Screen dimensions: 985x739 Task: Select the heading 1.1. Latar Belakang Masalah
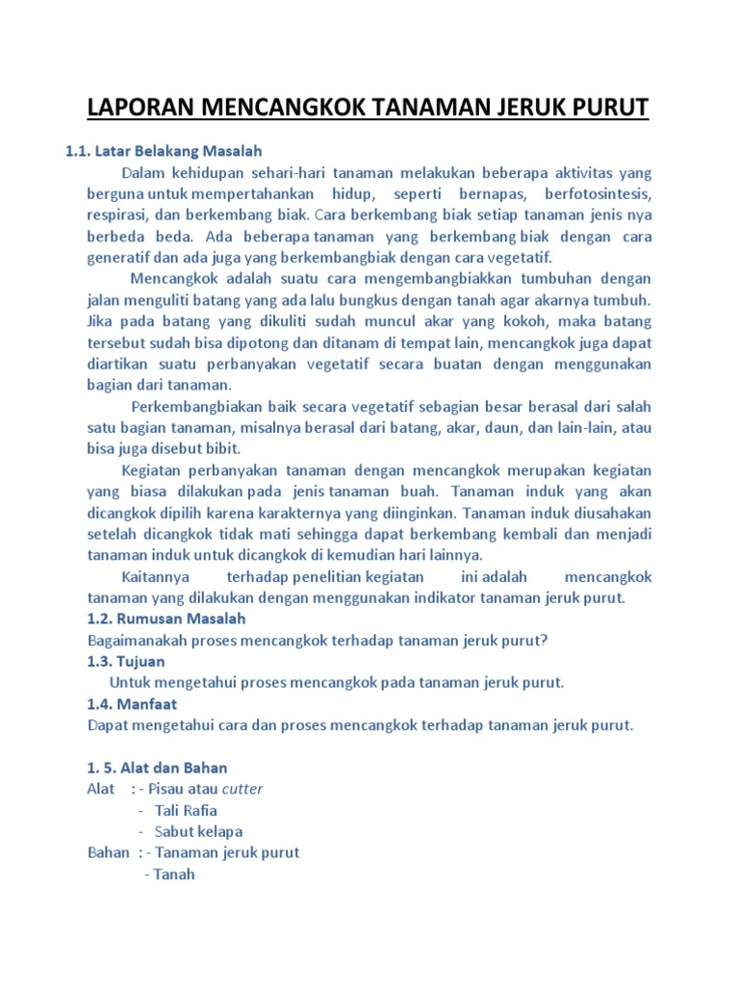tap(163, 151)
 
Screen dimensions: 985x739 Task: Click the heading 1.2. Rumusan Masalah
tap(166, 619)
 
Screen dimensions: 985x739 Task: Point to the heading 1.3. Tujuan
tap(125, 661)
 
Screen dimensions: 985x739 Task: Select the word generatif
tap(121, 258)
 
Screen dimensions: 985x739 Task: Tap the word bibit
tap(221, 448)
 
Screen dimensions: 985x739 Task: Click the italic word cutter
tap(242, 789)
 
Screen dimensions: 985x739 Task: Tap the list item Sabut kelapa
tap(198, 831)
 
